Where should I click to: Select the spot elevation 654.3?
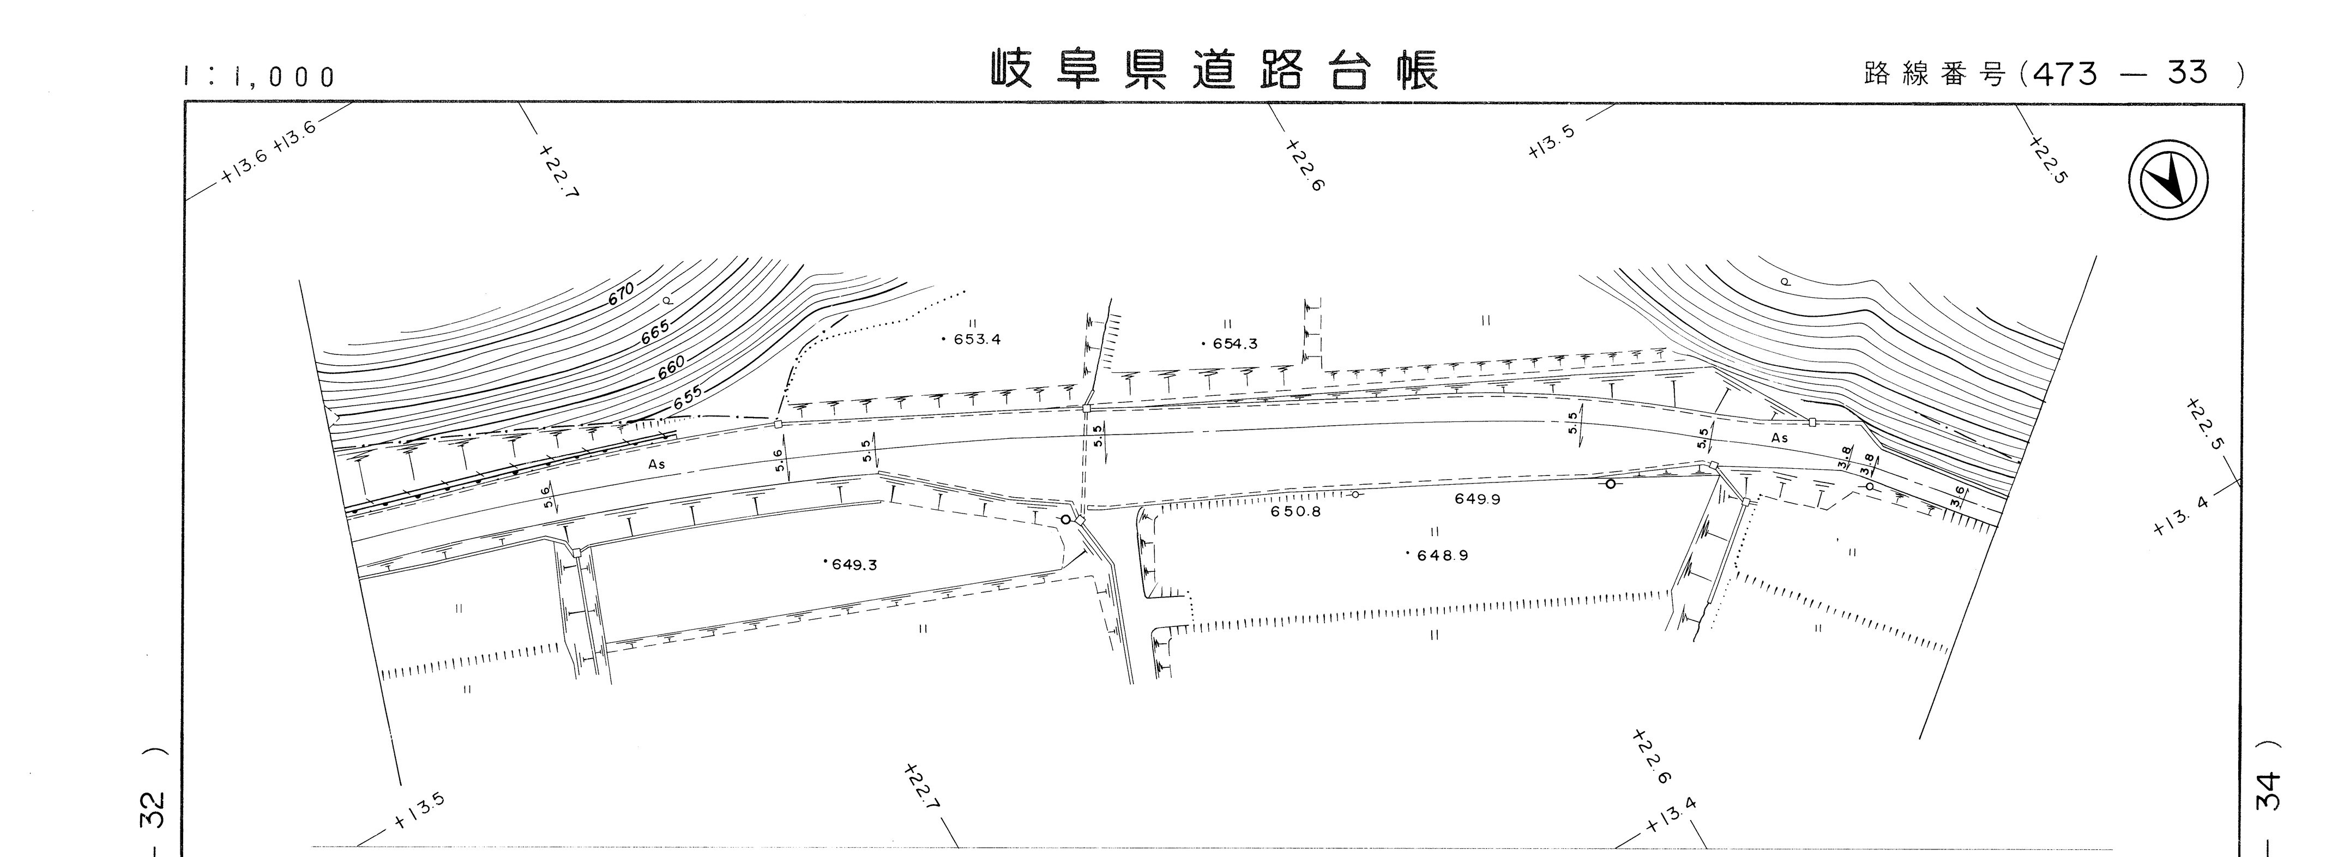click(x=1230, y=344)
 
